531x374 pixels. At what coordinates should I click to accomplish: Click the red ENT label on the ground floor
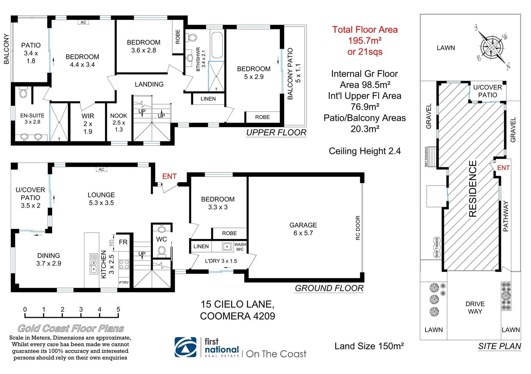(x=169, y=176)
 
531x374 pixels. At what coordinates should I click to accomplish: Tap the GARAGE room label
(x=303, y=225)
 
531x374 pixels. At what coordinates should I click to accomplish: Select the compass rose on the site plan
(x=491, y=47)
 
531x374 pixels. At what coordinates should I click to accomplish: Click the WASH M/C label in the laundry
(x=240, y=247)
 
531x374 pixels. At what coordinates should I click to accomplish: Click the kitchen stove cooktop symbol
(x=124, y=265)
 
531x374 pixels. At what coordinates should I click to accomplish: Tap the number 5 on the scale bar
(x=118, y=309)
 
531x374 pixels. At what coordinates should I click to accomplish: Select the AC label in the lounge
(x=101, y=169)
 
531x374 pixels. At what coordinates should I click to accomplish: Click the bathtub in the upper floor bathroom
(x=218, y=45)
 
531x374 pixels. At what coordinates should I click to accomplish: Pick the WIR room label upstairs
(x=88, y=116)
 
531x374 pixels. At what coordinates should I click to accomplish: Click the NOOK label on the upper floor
(x=119, y=116)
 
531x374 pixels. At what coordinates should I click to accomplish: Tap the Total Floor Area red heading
(x=365, y=30)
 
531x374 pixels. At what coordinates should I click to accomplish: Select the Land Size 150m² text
(x=369, y=346)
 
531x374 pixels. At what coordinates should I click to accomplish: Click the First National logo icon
(x=185, y=347)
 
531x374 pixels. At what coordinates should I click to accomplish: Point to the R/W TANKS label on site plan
(x=437, y=247)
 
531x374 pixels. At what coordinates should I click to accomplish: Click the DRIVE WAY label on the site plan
(x=475, y=308)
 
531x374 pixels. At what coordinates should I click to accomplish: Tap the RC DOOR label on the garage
(x=358, y=228)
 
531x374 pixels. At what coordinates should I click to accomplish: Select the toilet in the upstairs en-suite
(x=24, y=92)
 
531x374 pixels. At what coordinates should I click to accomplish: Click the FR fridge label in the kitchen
(x=123, y=242)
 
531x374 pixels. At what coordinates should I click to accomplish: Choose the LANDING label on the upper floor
(x=149, y=84)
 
